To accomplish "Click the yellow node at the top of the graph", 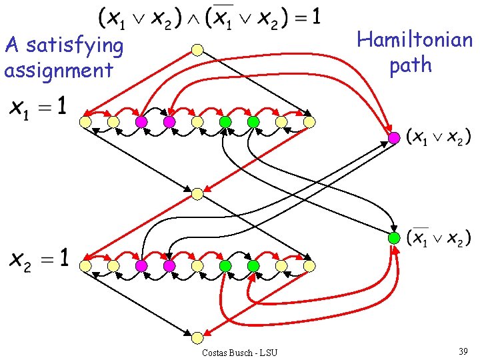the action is (197, 50).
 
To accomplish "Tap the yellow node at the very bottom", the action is (197, 337).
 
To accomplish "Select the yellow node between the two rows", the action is (197, 194).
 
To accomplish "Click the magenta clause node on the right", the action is (394, 138).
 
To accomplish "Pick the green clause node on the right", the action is (394, 238).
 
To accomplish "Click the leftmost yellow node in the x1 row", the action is (85, 122).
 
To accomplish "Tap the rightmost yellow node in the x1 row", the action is (309, 122).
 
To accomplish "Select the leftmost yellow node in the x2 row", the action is (85, 266).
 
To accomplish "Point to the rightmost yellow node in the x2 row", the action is (309, 266).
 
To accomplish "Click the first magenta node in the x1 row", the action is (141, 122).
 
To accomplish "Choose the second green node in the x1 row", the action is (253, 122).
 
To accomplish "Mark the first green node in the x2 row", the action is (225, 266).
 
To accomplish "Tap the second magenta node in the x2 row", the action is (169, 266).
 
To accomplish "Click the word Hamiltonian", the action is (415, 40).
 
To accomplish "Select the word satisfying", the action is (75, 46).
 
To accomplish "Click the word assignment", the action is (59, 71).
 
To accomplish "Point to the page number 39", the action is (463, 351).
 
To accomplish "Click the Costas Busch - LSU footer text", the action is (239, 353).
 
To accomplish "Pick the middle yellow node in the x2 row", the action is (197, 266).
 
